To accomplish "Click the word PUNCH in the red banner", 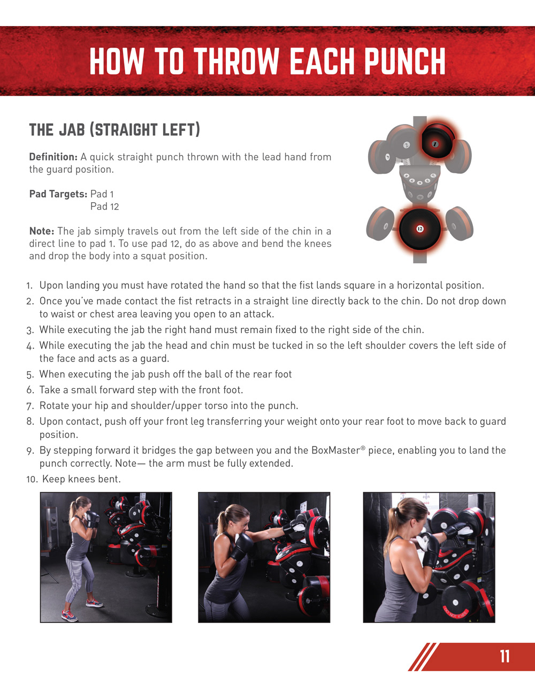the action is pyautogui.click(x=405, y=61).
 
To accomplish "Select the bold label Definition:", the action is pyautogui.click(x=53, y=157).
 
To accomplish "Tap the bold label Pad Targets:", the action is pyautogui.click(x=58, y=194).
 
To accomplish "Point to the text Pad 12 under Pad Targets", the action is pyautogui.click(x=104, y=206).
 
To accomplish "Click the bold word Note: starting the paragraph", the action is pyautogui.click(x=42, y=231).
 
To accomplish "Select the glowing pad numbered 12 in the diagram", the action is pyautogui.click(x=420, y=229).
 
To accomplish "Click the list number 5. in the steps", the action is pyautogui.click(x=30, y=374).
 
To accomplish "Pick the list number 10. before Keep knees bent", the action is pyautogui.click(x=32, y=479).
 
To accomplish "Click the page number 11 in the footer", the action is pyautogui.click(x=505, y=656).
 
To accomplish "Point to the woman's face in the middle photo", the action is pyautogui.click(x=242, y=523).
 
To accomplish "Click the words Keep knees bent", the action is pyautogui.click(x=81, y=479).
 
